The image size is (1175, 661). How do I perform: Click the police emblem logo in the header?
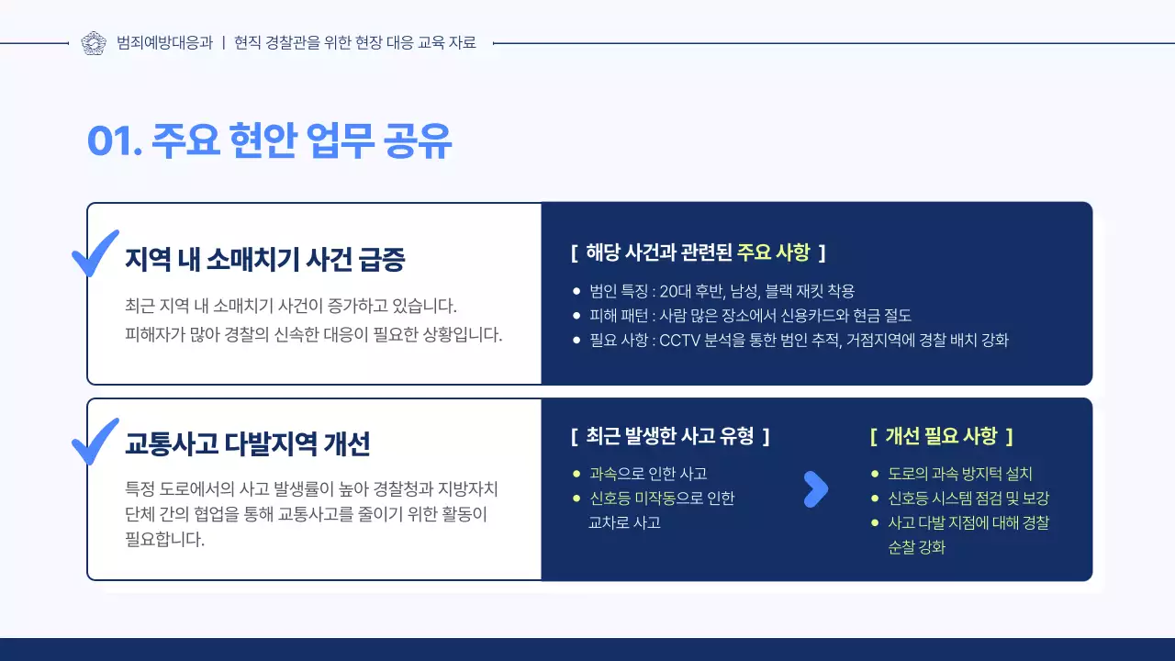(94, 42)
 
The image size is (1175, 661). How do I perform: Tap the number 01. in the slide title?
(114, 142)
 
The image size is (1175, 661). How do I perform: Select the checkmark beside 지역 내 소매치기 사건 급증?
(95, 252)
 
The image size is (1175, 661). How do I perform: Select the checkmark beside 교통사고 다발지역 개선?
(95, 441)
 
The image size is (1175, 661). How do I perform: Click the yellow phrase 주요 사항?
(773, 252)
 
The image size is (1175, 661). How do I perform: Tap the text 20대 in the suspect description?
(674, 291)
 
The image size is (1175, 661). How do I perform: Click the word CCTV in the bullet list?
(680, 340)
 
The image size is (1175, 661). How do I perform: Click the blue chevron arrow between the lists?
(815, 489)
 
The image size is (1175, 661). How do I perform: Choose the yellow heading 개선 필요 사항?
(941, 436)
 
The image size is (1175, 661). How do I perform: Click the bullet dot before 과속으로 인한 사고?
(576, 475)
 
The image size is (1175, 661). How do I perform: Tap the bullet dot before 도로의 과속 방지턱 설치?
(875, 475)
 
